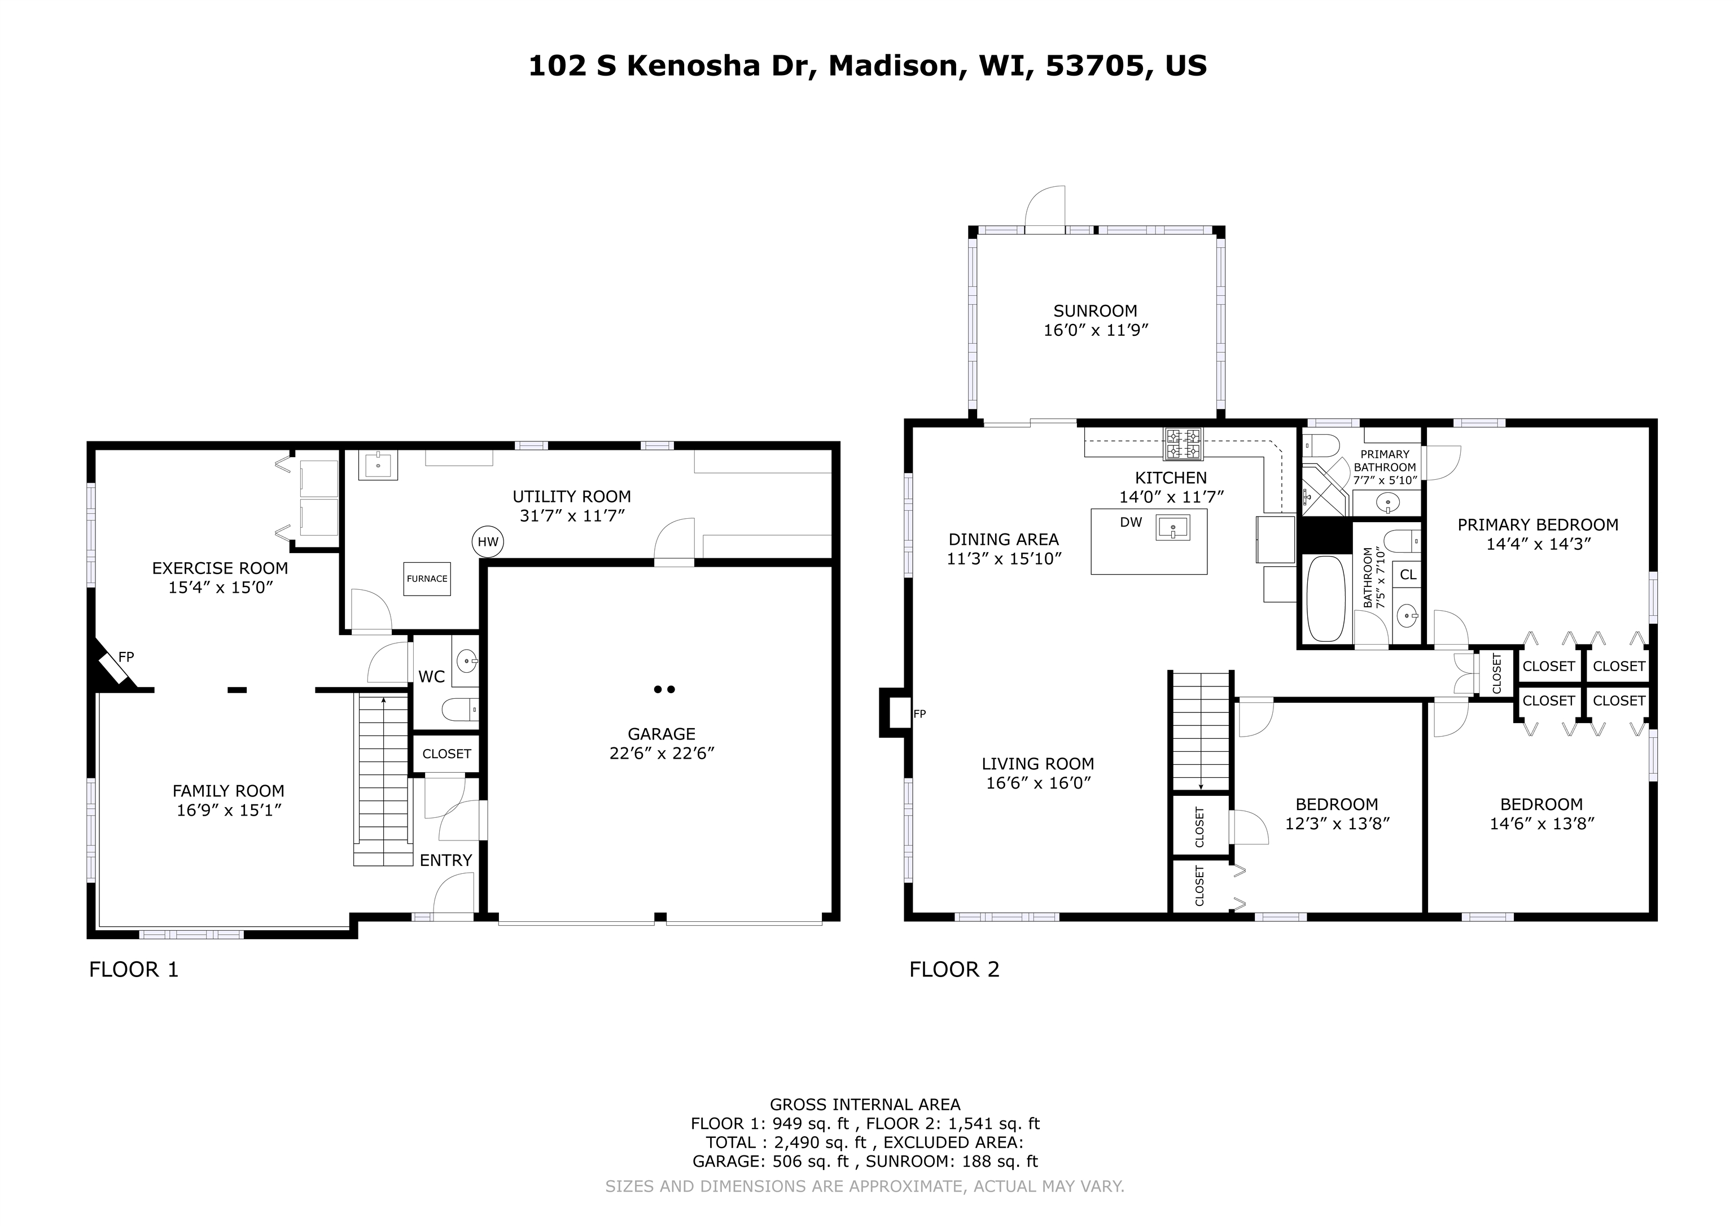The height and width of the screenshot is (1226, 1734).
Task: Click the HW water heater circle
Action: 488,542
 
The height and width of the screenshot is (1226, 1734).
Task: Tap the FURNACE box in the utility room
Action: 427,579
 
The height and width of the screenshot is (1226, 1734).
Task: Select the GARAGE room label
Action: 662,733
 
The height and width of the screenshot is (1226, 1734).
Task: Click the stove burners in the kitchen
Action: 1183,444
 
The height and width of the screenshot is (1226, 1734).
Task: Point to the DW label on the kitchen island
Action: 1131,522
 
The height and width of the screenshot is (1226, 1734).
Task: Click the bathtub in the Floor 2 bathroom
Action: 1325,598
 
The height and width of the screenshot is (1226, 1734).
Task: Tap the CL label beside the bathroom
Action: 1408,575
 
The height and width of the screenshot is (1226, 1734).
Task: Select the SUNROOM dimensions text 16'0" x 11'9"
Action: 1095,330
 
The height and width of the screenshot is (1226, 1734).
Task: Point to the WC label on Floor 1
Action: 431,677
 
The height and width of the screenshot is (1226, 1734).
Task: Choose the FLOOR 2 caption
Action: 954,969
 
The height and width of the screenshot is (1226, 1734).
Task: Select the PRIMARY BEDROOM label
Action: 1538,524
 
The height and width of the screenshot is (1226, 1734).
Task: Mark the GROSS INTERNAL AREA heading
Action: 865,1105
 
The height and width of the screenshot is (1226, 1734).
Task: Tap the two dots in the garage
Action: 664,689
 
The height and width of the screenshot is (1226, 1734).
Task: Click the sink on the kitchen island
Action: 1172,527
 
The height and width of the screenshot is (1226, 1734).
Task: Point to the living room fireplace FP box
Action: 898,712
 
